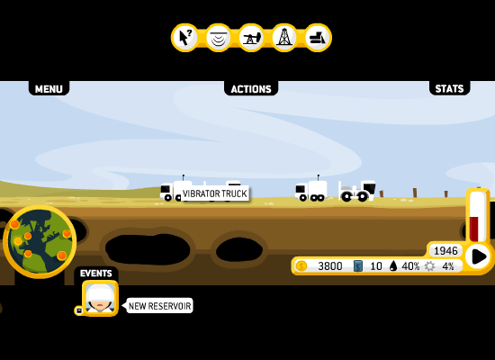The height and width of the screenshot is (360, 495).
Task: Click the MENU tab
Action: tap(49, 88)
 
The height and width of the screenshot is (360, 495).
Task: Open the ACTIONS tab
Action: tap(251, 88)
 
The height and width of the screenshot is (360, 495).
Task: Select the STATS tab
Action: tap(449, 88)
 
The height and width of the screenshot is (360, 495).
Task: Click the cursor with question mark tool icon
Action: tap(185, 38)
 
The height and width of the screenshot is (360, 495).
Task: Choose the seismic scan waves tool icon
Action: tap(219, 38)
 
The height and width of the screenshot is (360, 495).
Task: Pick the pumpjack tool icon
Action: tap(251, 38)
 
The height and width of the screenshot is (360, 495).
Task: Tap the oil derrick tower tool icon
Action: tap(284, 38)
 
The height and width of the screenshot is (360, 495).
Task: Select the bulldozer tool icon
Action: tap(318, 38)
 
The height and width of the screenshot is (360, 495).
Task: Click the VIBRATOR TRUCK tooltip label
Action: tap(215, 193)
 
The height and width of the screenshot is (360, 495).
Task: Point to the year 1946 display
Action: tap(445, 251)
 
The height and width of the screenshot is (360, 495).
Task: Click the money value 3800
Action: tap(330, 266)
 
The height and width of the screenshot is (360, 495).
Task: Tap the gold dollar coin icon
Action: tap(301, 266)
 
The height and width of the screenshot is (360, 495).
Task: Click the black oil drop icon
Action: tap(393, 266)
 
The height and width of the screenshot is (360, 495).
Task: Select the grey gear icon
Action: tap(429, 266)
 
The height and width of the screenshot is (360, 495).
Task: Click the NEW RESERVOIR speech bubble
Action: tap(159, 306)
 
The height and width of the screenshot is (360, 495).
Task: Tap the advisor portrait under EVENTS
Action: tap(100, 298)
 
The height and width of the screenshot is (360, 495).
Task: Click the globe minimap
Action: tap(40, 242)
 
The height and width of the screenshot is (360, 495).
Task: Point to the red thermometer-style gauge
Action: tap(478, 217)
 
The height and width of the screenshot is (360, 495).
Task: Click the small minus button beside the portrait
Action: tap(79, 310)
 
